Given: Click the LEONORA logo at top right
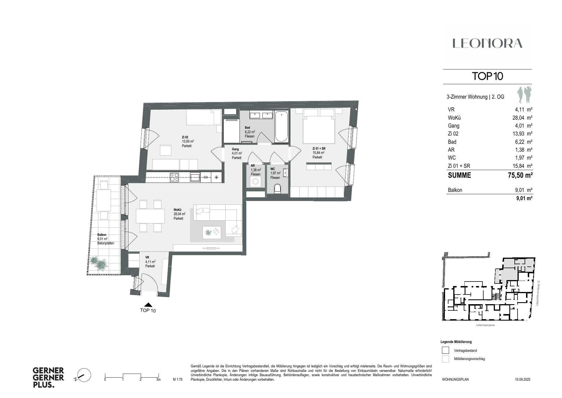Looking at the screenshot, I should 487,43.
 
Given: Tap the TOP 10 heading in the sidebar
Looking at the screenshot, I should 487,76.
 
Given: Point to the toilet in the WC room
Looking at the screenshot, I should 277,189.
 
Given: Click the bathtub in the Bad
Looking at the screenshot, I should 281,127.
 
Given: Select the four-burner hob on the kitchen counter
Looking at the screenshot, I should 174,177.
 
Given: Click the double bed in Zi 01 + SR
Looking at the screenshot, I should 319,129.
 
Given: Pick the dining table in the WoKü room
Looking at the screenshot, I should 150,216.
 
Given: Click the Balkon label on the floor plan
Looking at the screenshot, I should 102,235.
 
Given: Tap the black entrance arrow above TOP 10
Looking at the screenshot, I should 148,305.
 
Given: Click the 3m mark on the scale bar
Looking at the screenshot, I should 158,379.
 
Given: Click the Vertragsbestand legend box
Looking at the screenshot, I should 445,350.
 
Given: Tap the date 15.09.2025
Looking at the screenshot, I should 522,379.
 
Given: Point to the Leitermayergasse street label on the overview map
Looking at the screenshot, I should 485,325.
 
